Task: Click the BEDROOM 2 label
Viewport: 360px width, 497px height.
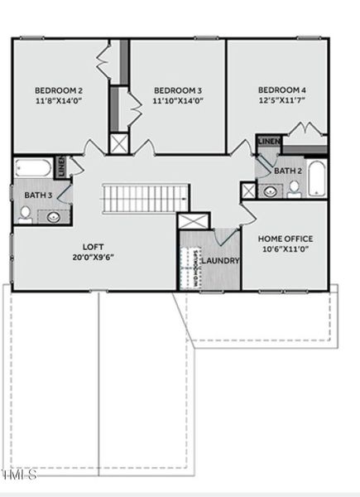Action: tap(58, 90)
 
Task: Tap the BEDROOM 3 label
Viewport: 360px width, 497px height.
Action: tap(178, 90)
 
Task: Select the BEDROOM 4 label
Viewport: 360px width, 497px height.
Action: tap(281, 90)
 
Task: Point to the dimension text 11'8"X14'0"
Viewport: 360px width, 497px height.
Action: tap(58, 101)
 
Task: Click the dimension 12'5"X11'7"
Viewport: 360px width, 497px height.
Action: tap(281, 100)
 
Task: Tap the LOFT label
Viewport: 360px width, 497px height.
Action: tap(92, 246)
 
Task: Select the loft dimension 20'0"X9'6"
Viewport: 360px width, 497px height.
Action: tap(92, 257)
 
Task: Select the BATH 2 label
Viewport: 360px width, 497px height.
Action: tap(287, 171)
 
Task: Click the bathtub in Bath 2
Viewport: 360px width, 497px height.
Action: tap(319, 180)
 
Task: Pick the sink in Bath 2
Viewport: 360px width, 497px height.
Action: tap(271, 191)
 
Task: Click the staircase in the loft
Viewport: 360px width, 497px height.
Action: tap(146, 199)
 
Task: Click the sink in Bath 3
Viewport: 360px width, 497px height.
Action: tap(54, 217)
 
